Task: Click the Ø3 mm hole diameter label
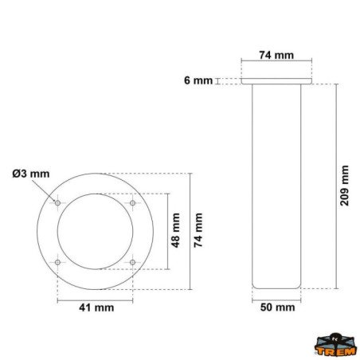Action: pyautogui.click(x=31, y=174)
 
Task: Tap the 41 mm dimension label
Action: pyautogui.click(x=96, y=307)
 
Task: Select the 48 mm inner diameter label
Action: pyautogui.click(x=175, y=230)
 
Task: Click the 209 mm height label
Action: pyautogui.click(x=344, y=186)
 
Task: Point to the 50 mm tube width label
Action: pyautogui.click(x=277, y=307)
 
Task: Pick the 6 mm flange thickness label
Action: pyautogui.click(x=198, y=80)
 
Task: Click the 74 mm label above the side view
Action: pyautogui.click(x=276, y=55)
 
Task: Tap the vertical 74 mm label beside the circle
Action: pyautogui.click(x=198, y=230)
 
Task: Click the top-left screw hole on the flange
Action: pyautogui.click(x=57, y=203)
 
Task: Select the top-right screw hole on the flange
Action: pyautogui.click(x=132, y=203)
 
